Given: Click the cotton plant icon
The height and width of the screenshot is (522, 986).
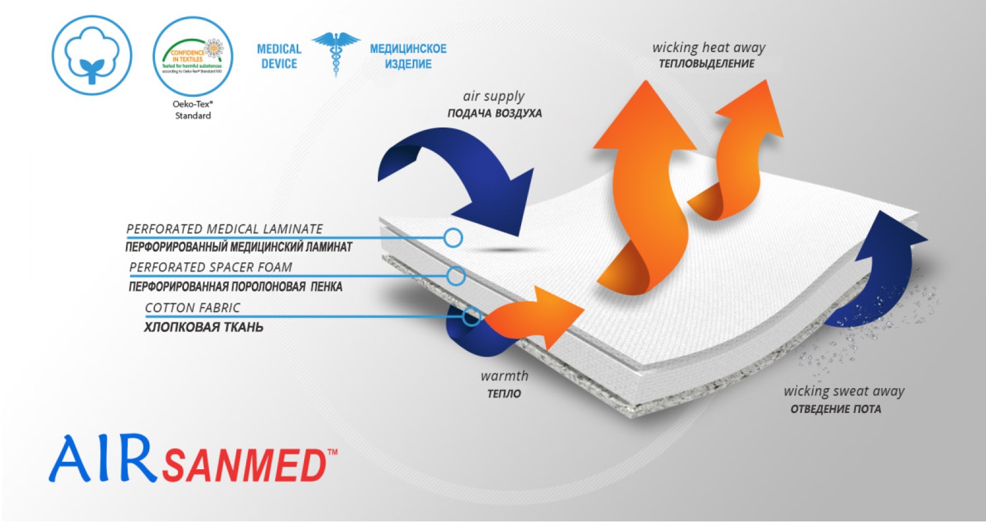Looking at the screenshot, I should point(92,56).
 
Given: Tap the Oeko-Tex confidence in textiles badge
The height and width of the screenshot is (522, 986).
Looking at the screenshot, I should point(193,56).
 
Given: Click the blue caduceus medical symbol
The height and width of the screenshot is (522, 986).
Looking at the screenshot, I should point(335,53).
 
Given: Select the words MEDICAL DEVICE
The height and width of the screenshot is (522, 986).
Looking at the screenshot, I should point(279,56).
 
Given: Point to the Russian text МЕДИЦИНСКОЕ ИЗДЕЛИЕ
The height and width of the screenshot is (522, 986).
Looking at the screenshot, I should point(408,56).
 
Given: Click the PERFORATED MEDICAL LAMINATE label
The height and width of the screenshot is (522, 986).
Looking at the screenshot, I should point(225,229).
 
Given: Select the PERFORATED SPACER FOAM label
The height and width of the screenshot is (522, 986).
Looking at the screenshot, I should point(211,267).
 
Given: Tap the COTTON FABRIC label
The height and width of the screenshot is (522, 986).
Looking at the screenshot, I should point(192,308).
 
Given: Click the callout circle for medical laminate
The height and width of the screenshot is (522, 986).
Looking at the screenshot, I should point(453,237).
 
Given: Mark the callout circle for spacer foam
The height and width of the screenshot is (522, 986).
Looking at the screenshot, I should point(456,276).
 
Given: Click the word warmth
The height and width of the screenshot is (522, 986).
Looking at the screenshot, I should point(504,376).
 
